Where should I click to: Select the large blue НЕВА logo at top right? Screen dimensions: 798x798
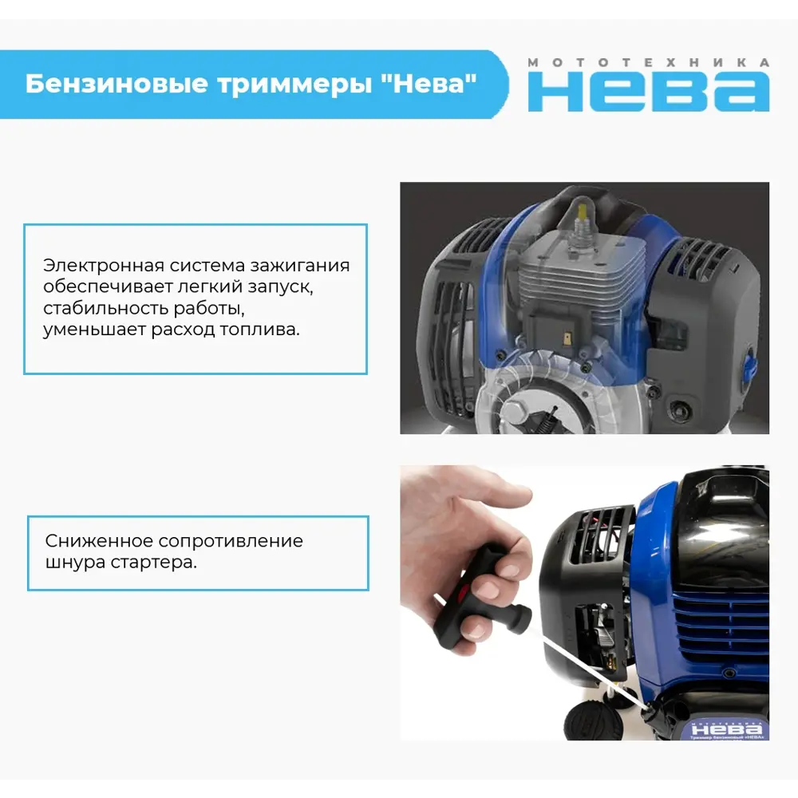pyautogui.click(x=648, y=90)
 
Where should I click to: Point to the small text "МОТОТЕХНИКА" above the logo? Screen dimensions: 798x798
pyautogui.click(x=648, y=62)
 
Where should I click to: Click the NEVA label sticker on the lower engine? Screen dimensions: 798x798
pyautogui.click(x=726, y=729)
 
